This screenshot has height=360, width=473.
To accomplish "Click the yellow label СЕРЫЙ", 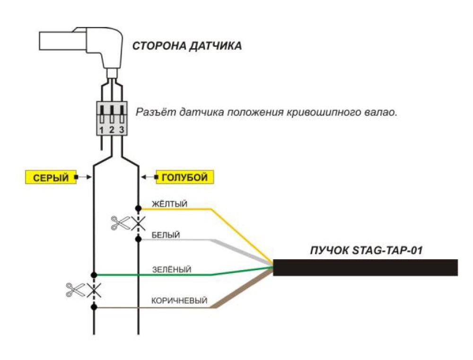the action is click(51, 177).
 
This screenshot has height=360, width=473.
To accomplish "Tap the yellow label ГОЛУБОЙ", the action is click(184, 177).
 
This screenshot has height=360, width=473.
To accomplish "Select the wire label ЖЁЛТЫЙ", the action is click(169, 204).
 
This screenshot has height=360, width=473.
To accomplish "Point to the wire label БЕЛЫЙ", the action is click(166, 235).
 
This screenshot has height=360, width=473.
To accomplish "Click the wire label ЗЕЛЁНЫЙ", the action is click(172, 270).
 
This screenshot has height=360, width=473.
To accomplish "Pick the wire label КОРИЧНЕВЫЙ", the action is click(179, 300).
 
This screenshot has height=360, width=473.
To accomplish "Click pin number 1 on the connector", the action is click(102, 130).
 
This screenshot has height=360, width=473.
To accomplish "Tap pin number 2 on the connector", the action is click(112, 130).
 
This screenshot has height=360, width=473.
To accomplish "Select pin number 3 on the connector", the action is click(122, 130).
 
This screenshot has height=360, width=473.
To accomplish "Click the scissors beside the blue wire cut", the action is click(120, 223).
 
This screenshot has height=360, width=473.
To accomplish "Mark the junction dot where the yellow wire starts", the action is click(138, 208).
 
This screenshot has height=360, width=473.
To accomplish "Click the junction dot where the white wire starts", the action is click(138, 239).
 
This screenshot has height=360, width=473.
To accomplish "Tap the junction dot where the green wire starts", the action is click(94, 274).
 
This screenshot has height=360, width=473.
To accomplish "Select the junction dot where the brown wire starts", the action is click(94, 307).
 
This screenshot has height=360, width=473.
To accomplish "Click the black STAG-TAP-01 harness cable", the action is click(365, 267).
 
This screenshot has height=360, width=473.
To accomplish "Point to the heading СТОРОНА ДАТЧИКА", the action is click(187, 46).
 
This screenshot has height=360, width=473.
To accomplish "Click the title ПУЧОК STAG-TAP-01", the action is click(366, 250).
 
